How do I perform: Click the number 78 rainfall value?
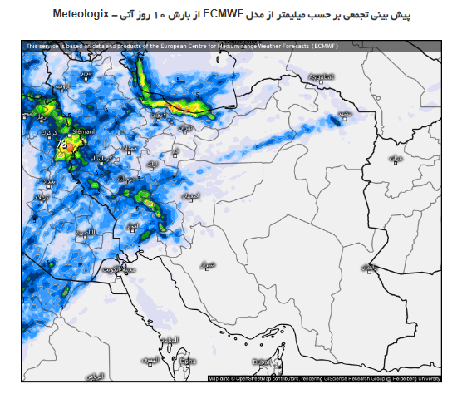click(x=61, y=144)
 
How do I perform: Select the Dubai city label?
click(x=262, y=362)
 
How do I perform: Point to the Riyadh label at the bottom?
click(x=95, y=376)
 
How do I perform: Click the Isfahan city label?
click(x=191, y=195)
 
